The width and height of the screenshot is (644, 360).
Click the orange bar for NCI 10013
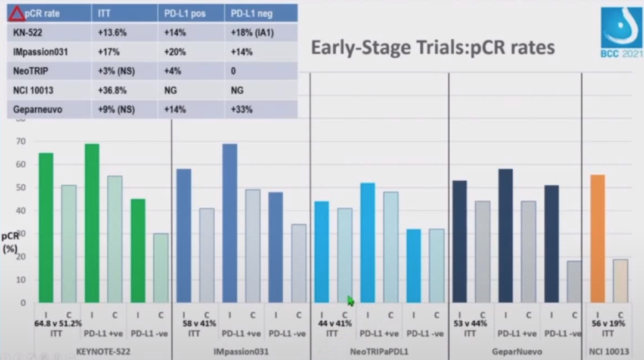tap(597, 238)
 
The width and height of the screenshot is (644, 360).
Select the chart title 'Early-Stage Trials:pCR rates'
tap(432, 48)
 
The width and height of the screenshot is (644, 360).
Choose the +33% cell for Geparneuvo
tap(242, 109)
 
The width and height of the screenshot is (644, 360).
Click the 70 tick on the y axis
tap(22, 142)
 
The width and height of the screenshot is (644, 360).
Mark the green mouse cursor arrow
tap(350, 300)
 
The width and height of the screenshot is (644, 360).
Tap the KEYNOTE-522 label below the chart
tap(103, 352)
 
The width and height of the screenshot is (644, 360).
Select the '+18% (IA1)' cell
tap(252, 33)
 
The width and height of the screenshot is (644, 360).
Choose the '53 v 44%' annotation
tap(470, 323)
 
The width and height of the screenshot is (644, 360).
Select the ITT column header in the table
tap(105, 13)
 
